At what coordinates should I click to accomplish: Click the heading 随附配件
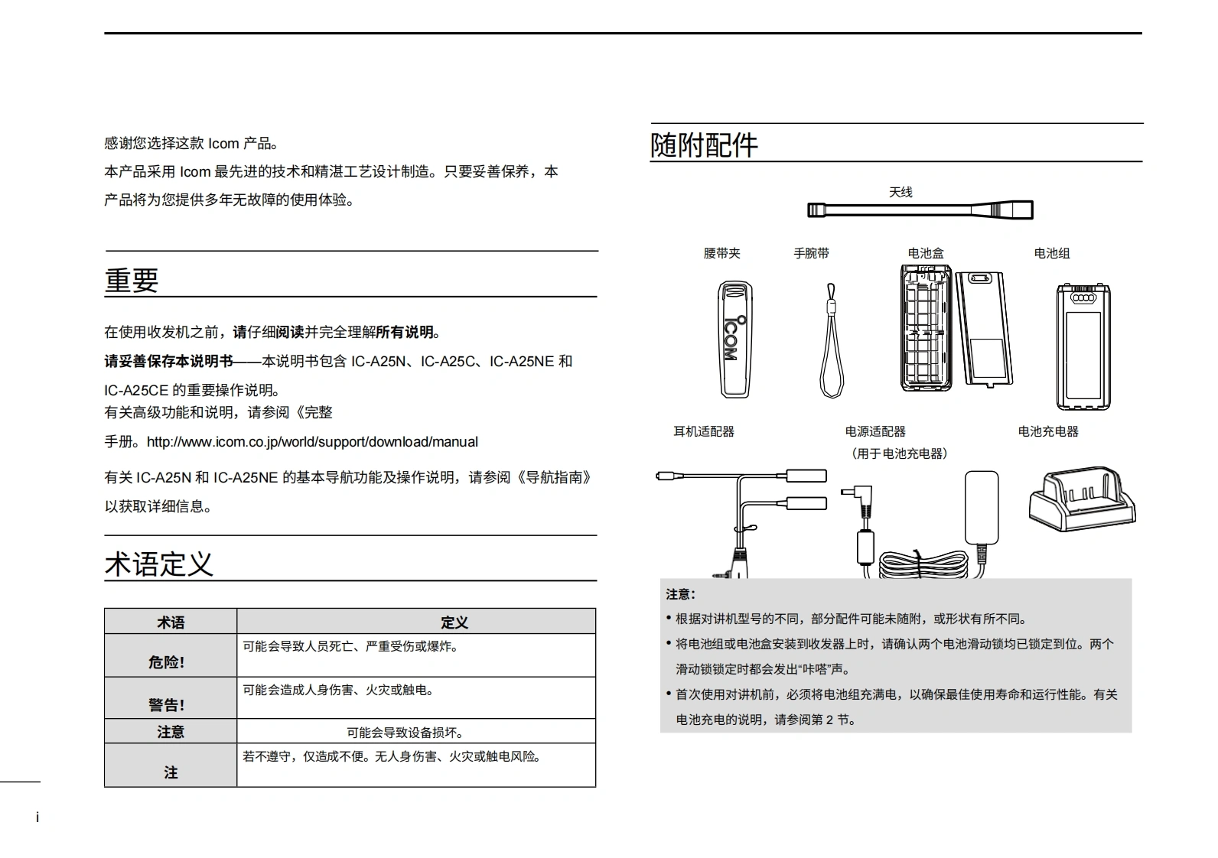704,145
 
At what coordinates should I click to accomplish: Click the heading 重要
132,280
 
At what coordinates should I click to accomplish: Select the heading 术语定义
159,564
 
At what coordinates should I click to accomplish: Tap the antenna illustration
920,210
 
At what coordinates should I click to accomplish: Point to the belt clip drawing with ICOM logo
734,340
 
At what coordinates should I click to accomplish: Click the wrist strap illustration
831,341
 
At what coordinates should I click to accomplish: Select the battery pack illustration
1083,346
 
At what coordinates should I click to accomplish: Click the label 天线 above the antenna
900,192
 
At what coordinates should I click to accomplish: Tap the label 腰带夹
721,253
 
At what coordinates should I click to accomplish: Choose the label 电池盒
926,253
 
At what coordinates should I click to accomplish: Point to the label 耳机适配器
703,431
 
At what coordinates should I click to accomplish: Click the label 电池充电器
1047,431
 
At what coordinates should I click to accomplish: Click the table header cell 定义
454,622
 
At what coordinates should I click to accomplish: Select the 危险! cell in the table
167,662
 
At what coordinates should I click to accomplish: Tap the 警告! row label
167,705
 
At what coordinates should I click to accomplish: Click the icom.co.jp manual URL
312,442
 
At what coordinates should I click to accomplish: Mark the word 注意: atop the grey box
680,594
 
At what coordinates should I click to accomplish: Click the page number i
37,817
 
